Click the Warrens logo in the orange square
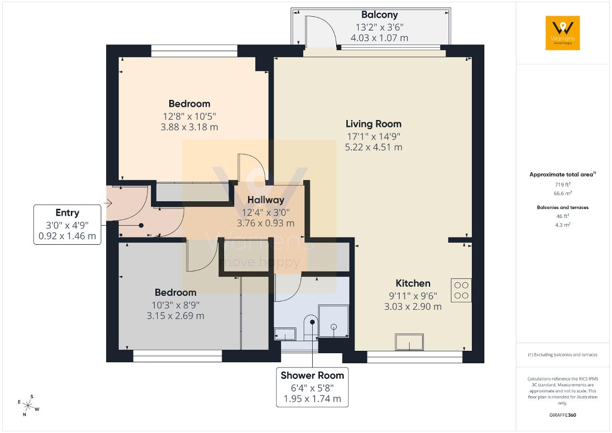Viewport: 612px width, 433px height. (563, 33)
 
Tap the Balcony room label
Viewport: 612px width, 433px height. (380, 15)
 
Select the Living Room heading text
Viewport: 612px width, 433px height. (373, 124)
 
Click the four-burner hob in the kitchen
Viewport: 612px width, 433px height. (461, 290)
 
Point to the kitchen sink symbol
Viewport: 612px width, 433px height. (409, 342)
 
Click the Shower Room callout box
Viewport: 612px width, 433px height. (312, 387)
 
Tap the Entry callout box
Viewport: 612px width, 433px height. (67, 225)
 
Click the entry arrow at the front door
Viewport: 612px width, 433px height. (108, 203)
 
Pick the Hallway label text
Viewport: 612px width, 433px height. (266, 200)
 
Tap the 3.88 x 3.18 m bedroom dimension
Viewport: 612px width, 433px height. (189, 127)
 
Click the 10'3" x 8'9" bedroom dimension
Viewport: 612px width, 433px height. (175, 305)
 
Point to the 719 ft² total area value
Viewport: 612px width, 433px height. (563, 184)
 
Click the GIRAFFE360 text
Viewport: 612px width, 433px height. (563, 415)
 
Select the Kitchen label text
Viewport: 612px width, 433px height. (413, 283)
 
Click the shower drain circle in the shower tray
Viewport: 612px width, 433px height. (334, 326)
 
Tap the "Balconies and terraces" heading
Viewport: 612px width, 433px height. (563, 207)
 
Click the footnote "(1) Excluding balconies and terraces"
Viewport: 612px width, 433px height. (563, 355)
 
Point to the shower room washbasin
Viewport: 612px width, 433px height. (285, 334)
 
